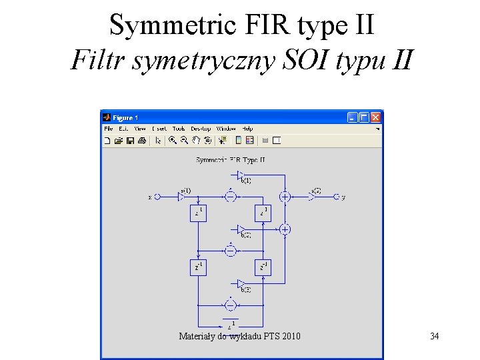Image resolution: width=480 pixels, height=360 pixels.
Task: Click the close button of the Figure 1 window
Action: point(376,117)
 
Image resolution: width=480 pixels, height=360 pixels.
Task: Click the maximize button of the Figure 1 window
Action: point(364,117)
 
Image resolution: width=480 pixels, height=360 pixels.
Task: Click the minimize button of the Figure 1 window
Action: point(353,117)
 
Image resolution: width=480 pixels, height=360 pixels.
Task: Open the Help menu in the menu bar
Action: point(247,129)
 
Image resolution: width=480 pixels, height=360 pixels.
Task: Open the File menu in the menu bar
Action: point(107,129)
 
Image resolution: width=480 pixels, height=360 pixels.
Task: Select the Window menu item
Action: point(226,129)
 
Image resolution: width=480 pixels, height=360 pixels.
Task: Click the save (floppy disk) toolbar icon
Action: point(131,141)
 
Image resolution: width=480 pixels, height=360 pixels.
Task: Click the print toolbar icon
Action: point(142,141)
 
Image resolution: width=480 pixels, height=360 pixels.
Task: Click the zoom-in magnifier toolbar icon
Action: point(172,141)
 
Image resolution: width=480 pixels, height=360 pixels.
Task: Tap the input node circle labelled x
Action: point(157,197)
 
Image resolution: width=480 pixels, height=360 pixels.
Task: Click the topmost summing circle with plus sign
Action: point(285,197)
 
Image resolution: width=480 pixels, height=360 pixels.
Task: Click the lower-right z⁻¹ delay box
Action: point(263,267)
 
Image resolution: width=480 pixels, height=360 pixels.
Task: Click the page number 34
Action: point(434,336)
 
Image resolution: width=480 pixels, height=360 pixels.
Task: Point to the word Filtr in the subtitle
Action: point(99,61)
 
